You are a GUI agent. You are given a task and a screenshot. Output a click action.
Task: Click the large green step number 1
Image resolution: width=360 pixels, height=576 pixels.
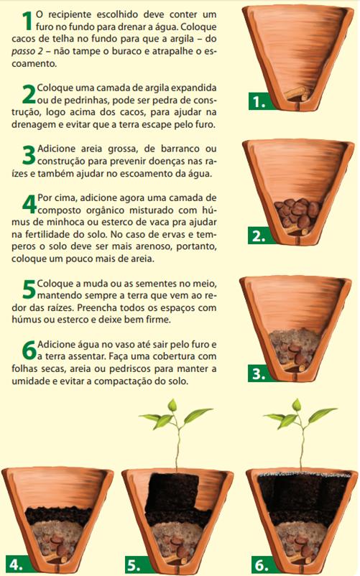(27, 20)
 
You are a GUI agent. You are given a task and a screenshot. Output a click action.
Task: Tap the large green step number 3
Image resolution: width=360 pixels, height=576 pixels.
(28, 154)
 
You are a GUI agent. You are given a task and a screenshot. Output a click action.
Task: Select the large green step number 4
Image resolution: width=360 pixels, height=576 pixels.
(28, 203)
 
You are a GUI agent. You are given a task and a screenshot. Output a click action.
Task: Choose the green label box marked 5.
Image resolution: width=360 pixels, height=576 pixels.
(136, 562)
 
